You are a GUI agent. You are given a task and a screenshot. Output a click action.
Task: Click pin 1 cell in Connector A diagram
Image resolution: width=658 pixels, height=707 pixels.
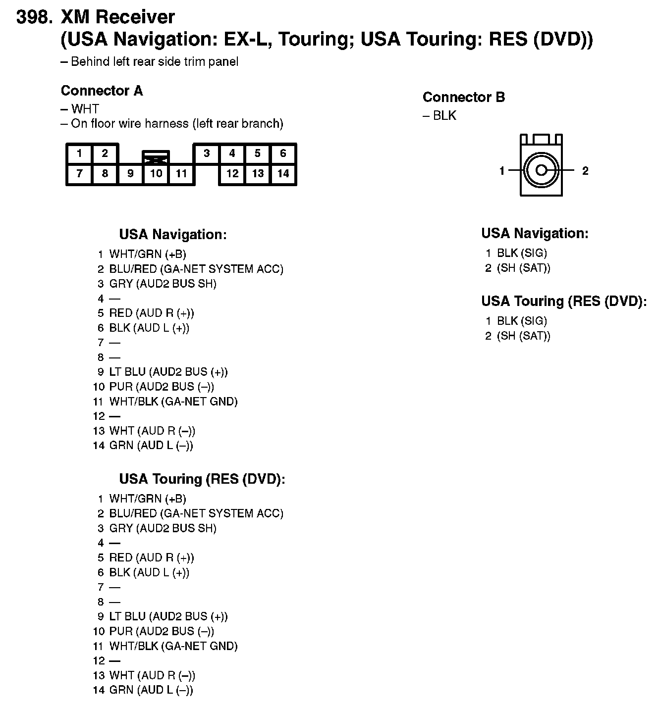pyautogui.click(x=79, y=153)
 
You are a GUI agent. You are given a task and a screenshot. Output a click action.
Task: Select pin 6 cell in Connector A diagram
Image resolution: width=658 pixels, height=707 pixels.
pyautogui.click(x=283, y=153)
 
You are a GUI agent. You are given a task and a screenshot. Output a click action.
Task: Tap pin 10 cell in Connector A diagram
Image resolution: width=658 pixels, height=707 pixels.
pyautogui.click(x=156, y=174)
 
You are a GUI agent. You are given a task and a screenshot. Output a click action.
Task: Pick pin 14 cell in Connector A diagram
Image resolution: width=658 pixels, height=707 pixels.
pyautogui.click(x=283, y=174)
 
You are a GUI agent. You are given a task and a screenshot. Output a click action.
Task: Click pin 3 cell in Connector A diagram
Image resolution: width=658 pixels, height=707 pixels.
pyautogui.click(x=207, y=153)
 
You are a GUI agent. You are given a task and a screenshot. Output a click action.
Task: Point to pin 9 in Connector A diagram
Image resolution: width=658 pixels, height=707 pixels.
pyautogui.click(x=130, y=174)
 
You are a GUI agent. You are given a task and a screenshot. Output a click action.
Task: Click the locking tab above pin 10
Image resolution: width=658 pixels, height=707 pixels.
pyautogui.click(x=156, y=157)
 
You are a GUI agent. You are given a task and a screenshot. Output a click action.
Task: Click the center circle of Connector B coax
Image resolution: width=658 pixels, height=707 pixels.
pyautogui.click(x=541, y=171)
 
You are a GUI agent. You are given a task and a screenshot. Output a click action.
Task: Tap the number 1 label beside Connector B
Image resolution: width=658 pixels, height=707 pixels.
pyautogui.click(x=502, y=171)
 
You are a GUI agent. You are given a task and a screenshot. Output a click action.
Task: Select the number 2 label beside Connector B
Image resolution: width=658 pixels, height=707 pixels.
pyautogui.click(x=585, y=171)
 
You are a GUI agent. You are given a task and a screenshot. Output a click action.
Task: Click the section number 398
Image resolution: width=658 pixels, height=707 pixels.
pyautogui.click(x=34, y=17)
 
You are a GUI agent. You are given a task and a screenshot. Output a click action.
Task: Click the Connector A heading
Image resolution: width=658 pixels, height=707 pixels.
pyautogui.click(x=102, y=91)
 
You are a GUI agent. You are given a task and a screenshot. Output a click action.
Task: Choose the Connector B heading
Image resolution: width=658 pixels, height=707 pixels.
pyautogui.click(x=464, y=98)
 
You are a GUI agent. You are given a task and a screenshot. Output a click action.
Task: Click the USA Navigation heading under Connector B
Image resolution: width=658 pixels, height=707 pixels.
pyautogui.click(x=535, y=233)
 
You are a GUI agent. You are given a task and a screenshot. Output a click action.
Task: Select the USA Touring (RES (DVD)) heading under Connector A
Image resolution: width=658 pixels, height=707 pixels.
pyautogui.click(x=202, y=479)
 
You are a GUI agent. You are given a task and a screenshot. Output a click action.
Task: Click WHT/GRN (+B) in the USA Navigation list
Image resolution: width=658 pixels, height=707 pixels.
pyautogui.click(x=148, y=254)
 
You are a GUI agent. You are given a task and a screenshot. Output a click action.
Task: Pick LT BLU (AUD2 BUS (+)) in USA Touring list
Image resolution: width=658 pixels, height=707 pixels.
pyautogui.click(x=168, y=617)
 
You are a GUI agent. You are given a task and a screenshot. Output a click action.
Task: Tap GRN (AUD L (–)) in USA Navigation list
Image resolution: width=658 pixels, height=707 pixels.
pyautogui.click(x=151, y=446)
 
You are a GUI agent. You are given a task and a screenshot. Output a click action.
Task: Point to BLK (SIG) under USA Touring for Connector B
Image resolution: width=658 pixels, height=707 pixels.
pyautogui.click(x=522, y=321)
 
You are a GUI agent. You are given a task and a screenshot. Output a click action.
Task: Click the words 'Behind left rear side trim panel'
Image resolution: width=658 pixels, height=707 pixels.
pyautogui.click(x=155, y=62)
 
